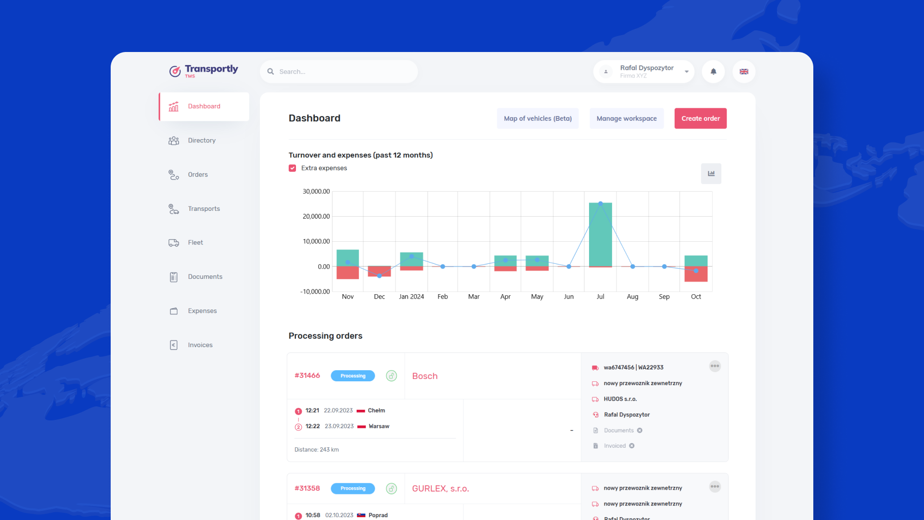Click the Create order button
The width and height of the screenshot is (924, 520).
pos(700,118)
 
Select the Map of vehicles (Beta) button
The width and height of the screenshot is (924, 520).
pos(538,118)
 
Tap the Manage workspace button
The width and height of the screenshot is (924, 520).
pos(627,118)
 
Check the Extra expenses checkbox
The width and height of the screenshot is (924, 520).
pos(293,168)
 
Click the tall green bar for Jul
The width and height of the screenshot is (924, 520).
pos(601,234)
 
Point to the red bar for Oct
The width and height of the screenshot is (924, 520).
pos(696,274)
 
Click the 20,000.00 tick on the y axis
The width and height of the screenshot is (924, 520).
pos(316,216)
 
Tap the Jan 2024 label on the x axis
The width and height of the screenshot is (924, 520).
pos(411,297)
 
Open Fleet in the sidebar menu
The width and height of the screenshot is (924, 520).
pos(195,243)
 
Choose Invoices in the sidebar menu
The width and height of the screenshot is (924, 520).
pos(200,345)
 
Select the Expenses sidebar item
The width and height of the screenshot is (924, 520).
pos(202,311)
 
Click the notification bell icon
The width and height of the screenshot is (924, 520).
pos(713,72)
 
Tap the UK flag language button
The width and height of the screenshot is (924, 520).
pos(744,72)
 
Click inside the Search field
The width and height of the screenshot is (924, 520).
pos(339,72)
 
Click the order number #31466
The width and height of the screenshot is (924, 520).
pos(307,376)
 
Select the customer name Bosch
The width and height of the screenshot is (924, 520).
pos(425,376)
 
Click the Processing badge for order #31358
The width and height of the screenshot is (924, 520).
pos(353,488)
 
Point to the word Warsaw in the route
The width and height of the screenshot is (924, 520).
pos(379,426)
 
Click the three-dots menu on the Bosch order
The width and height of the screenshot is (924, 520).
pos(715,366)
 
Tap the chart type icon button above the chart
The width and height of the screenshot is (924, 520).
pos(711,173)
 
